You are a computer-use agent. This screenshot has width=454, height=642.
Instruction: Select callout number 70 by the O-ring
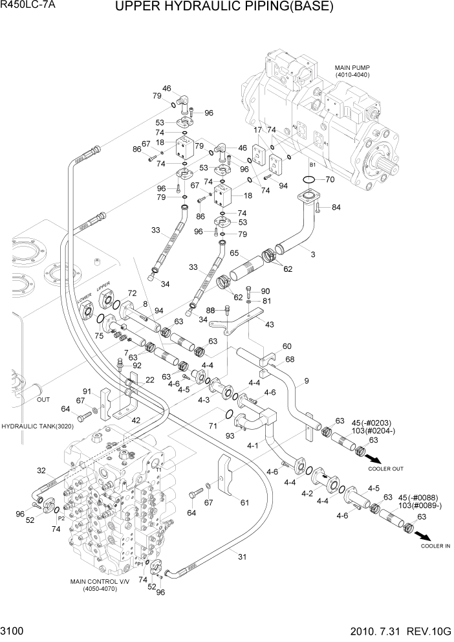[x=329, y=179]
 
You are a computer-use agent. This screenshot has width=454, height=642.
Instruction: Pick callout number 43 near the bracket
[x=269, y=324]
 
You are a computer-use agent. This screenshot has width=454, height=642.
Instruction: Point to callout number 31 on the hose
[x=243, y=556]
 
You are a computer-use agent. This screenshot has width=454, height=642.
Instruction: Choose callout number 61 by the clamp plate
[x=244, y=502]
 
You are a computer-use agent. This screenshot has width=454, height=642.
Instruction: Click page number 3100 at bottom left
[x=14, y=630]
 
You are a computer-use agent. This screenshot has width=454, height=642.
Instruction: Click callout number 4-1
[x=253, y=446]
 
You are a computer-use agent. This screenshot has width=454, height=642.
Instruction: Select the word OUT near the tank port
[x=43, y=399]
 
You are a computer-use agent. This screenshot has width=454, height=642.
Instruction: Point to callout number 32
[x=41, y=470]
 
